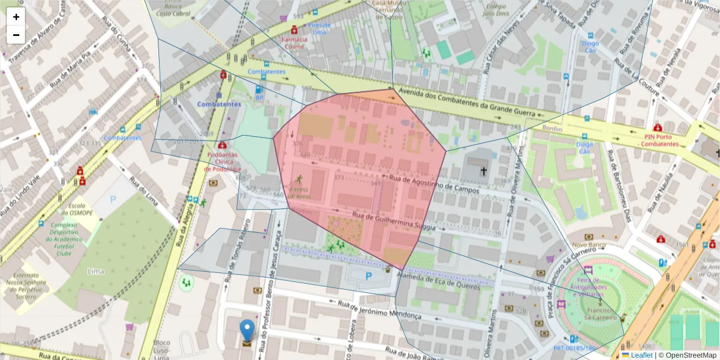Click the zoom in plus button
click(x=16, y=17)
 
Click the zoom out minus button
click(x=16, y=35)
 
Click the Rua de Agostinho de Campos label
click(x=434, y=184)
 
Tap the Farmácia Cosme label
click(x=294, y=43)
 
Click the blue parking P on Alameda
click(x=368, y=277)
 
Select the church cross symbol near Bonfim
click(x=484, y=171)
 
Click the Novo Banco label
click(x=588, y=245)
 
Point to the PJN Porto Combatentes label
click(x=658, y=140)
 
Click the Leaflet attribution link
click(x=641, y=355)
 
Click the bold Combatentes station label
click(x=219, y=104)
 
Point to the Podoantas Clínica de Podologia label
click(x=222, y=161)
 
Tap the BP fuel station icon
click(x=259, y=92)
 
